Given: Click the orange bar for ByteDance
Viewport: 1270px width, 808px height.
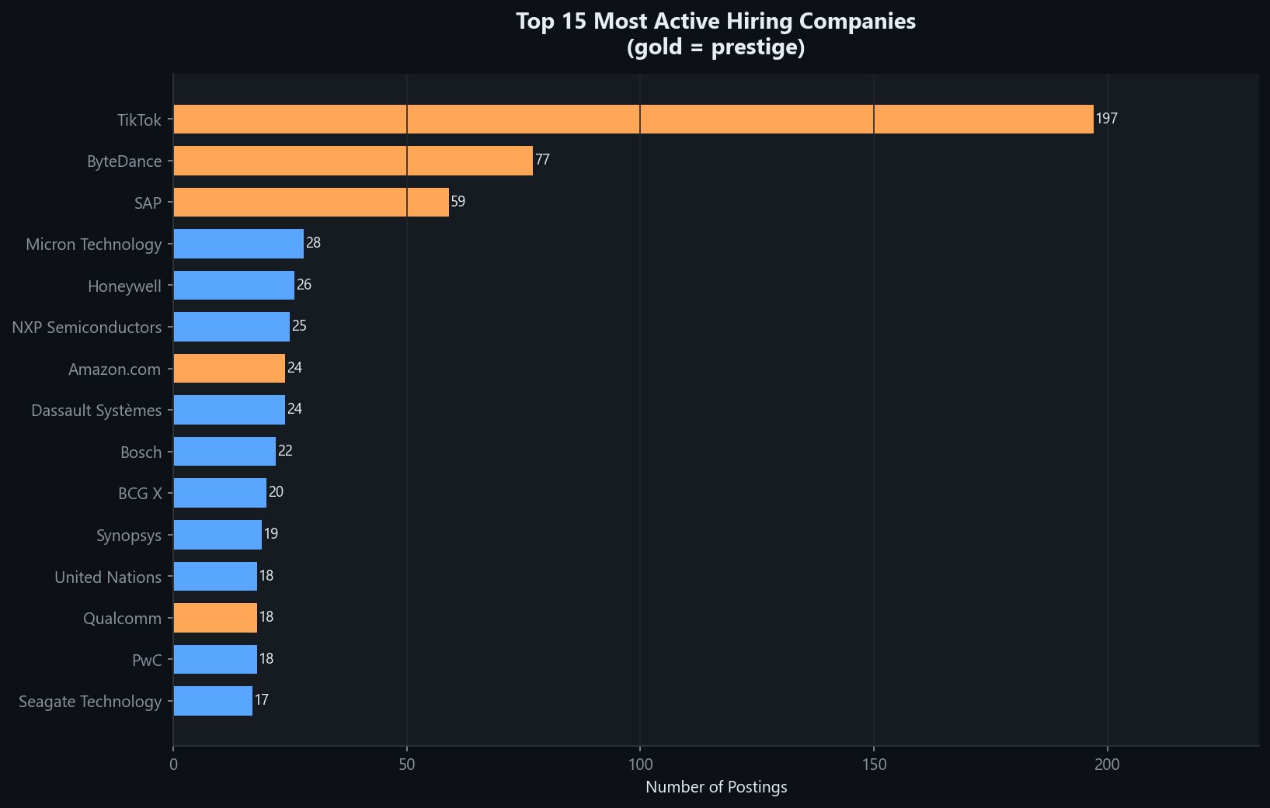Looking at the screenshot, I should [x=353, y=161].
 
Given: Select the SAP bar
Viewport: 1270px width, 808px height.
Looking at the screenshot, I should [x=311, y=202].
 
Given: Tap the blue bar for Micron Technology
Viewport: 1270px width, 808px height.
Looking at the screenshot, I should [x=238, y=244].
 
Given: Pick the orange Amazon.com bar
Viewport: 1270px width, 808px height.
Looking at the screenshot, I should [x=229, y=368].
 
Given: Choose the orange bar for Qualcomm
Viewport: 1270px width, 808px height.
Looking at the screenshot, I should [x=215, y=618].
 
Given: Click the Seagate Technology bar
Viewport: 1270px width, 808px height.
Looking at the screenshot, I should [x=213, y=701].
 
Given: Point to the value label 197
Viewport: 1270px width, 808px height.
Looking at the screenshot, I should [x=1106, y=119].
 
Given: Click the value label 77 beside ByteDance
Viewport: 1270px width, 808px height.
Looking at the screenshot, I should [x=542, y=160].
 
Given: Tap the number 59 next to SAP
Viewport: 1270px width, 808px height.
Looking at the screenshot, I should [x=458, y=202].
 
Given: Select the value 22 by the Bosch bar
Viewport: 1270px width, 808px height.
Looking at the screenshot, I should [x=285, y=451].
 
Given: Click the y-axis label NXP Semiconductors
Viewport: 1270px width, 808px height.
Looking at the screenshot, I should [x=87, y=328].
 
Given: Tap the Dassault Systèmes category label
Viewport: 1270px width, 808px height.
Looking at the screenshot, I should [x=96, y=411].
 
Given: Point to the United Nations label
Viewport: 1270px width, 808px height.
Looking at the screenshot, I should [x=108, y=577].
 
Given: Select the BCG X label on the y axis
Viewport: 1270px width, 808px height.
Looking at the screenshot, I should [x=140, y=494].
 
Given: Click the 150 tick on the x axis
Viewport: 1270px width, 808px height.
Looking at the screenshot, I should [x=874, y=765].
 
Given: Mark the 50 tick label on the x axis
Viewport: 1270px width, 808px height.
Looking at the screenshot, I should [x=406, y=765].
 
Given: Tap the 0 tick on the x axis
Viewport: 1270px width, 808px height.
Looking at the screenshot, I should [x=173, y=765].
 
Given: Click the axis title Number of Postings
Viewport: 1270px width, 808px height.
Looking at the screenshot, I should [x=716, y=787].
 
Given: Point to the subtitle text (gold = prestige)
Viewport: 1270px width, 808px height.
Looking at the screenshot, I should [x=715, y=47].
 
